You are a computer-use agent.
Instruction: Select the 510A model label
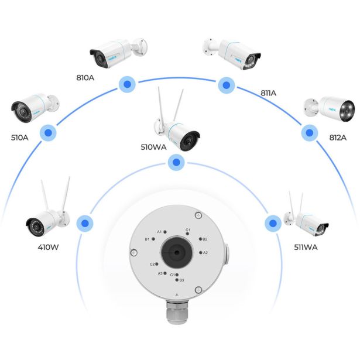click(x=19, y=138)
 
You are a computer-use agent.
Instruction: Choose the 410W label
click(x=47, y=247)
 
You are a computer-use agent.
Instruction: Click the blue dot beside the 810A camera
click(x=125, y=84)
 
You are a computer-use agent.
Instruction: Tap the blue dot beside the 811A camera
click(x=225, y=85)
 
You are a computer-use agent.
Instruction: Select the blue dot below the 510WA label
click(x=174, y=163)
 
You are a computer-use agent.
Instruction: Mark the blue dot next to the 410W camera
click(x=85, y=222)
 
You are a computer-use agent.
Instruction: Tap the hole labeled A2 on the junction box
click(x=201, y=252)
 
